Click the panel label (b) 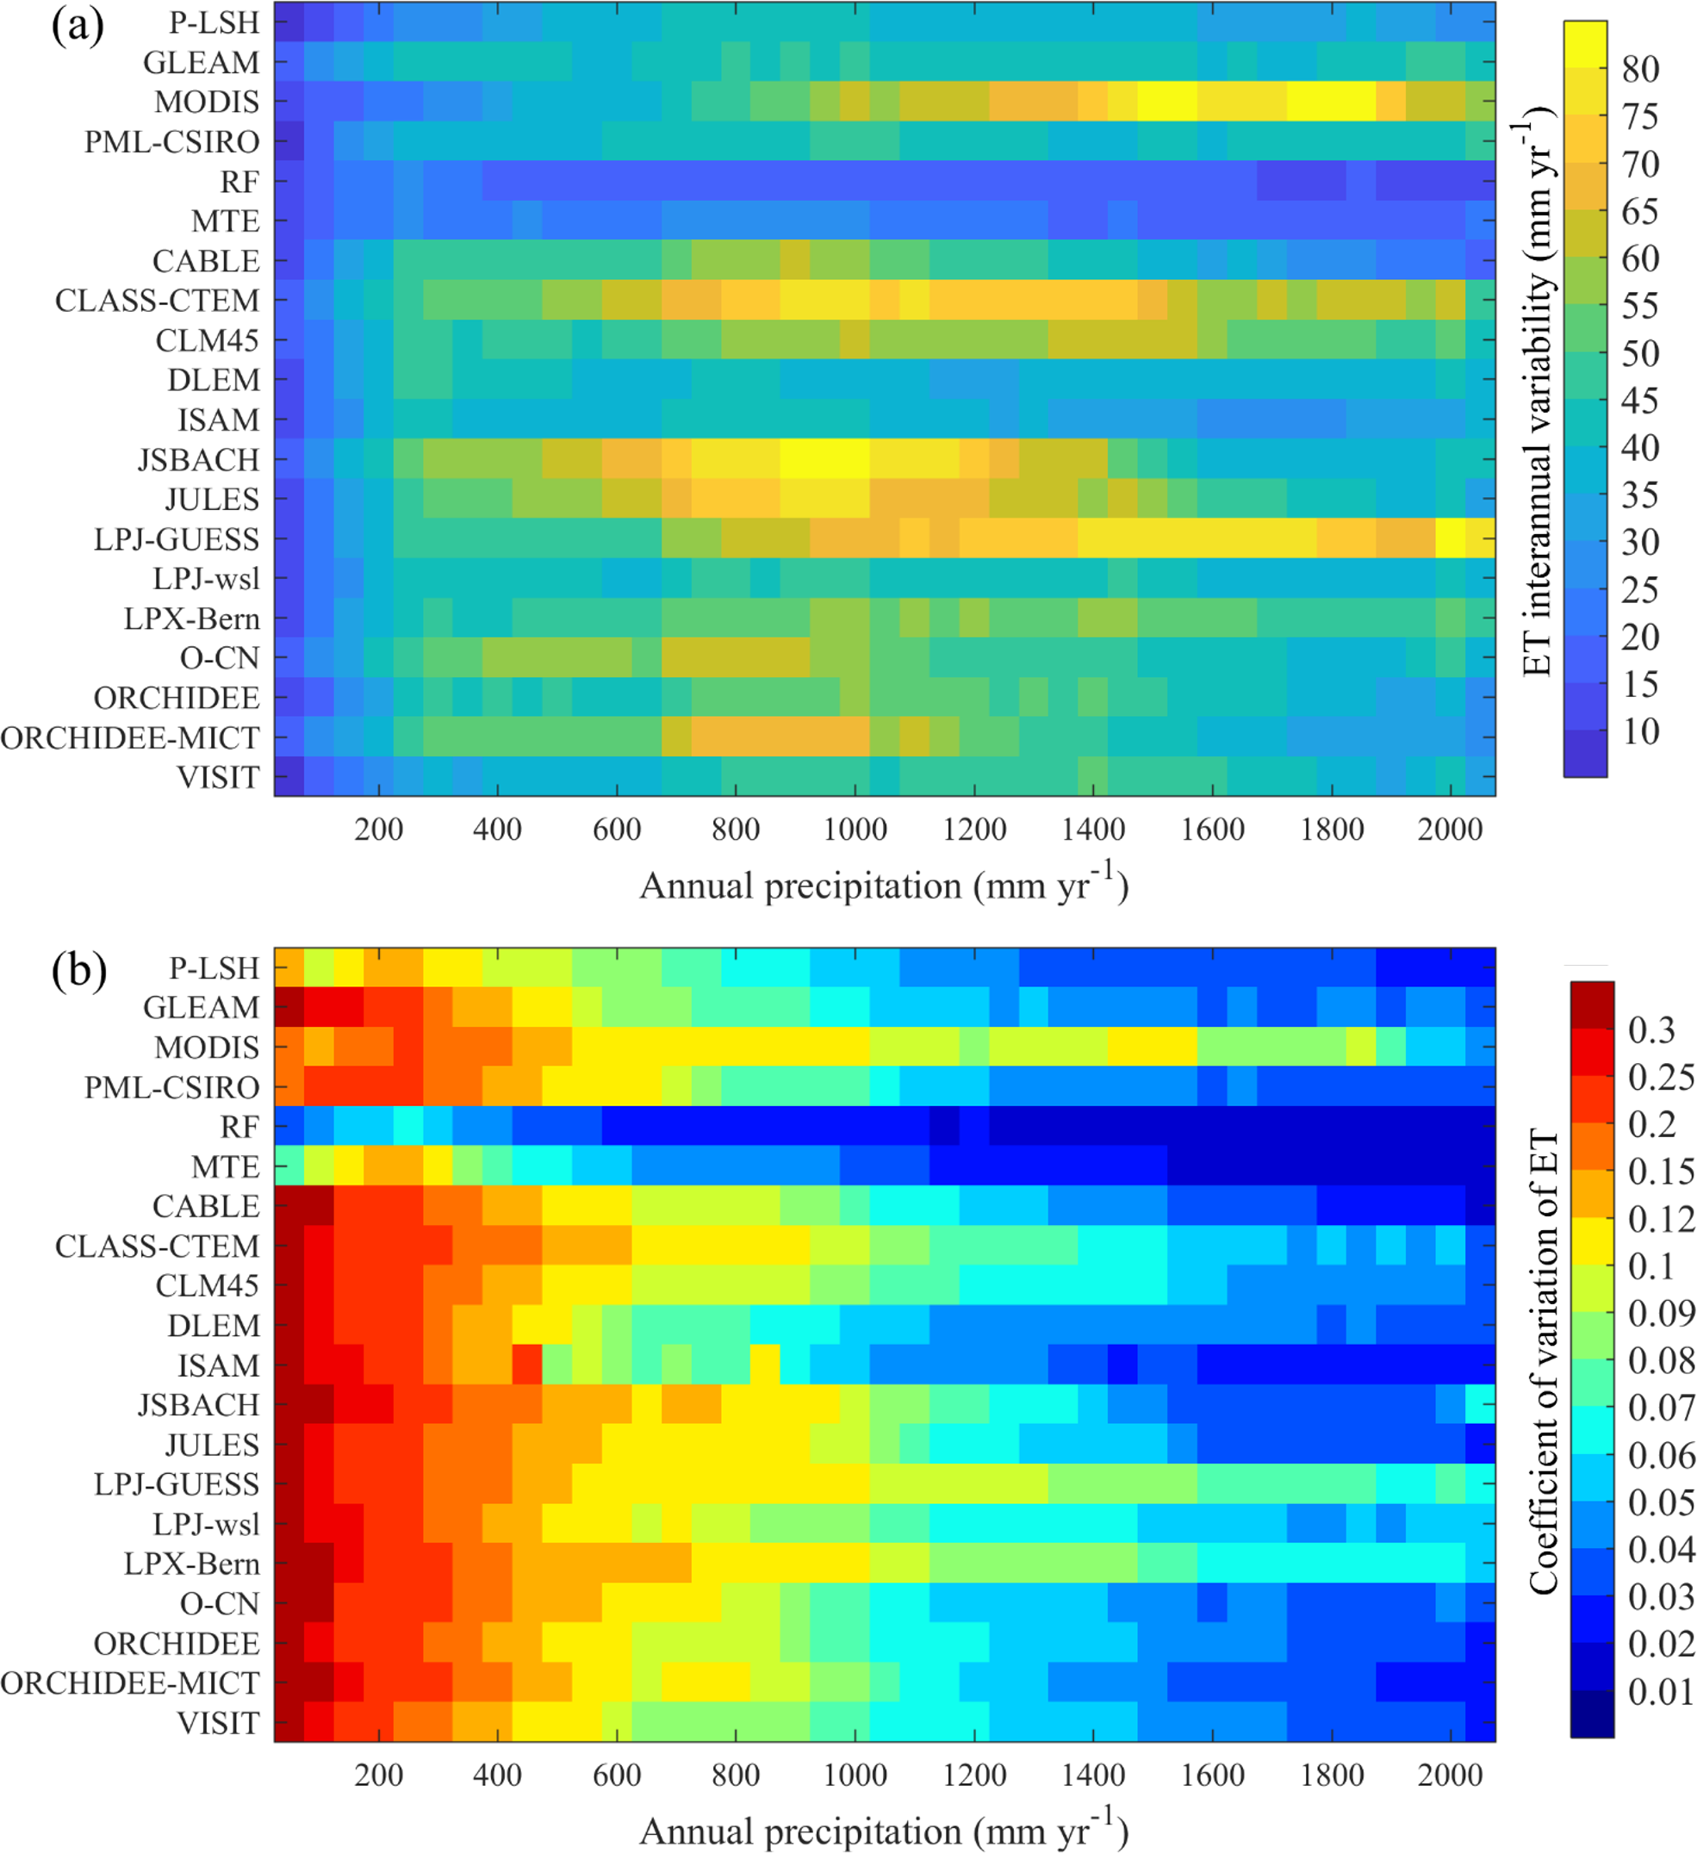(x=79, y=972)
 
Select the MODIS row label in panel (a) (x=207, y=102)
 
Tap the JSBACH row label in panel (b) (x=199, y=1405)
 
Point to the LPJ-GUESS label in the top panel (x=177, y=539)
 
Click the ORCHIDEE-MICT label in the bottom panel (x=131, y=1683)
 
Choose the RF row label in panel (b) (x=240, y=1127)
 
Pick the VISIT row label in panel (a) (x=219, y=778)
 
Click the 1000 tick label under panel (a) (x=855, y=830)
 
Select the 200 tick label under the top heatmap (x=379, y=830)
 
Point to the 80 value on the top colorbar (x=1640, y=70)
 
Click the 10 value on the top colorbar (x=1640, y=731)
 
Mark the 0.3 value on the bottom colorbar (x=1651, y=1030)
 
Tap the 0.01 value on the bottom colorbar (x=1660, y=1692)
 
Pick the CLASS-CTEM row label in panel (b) (x=157, y=1247)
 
